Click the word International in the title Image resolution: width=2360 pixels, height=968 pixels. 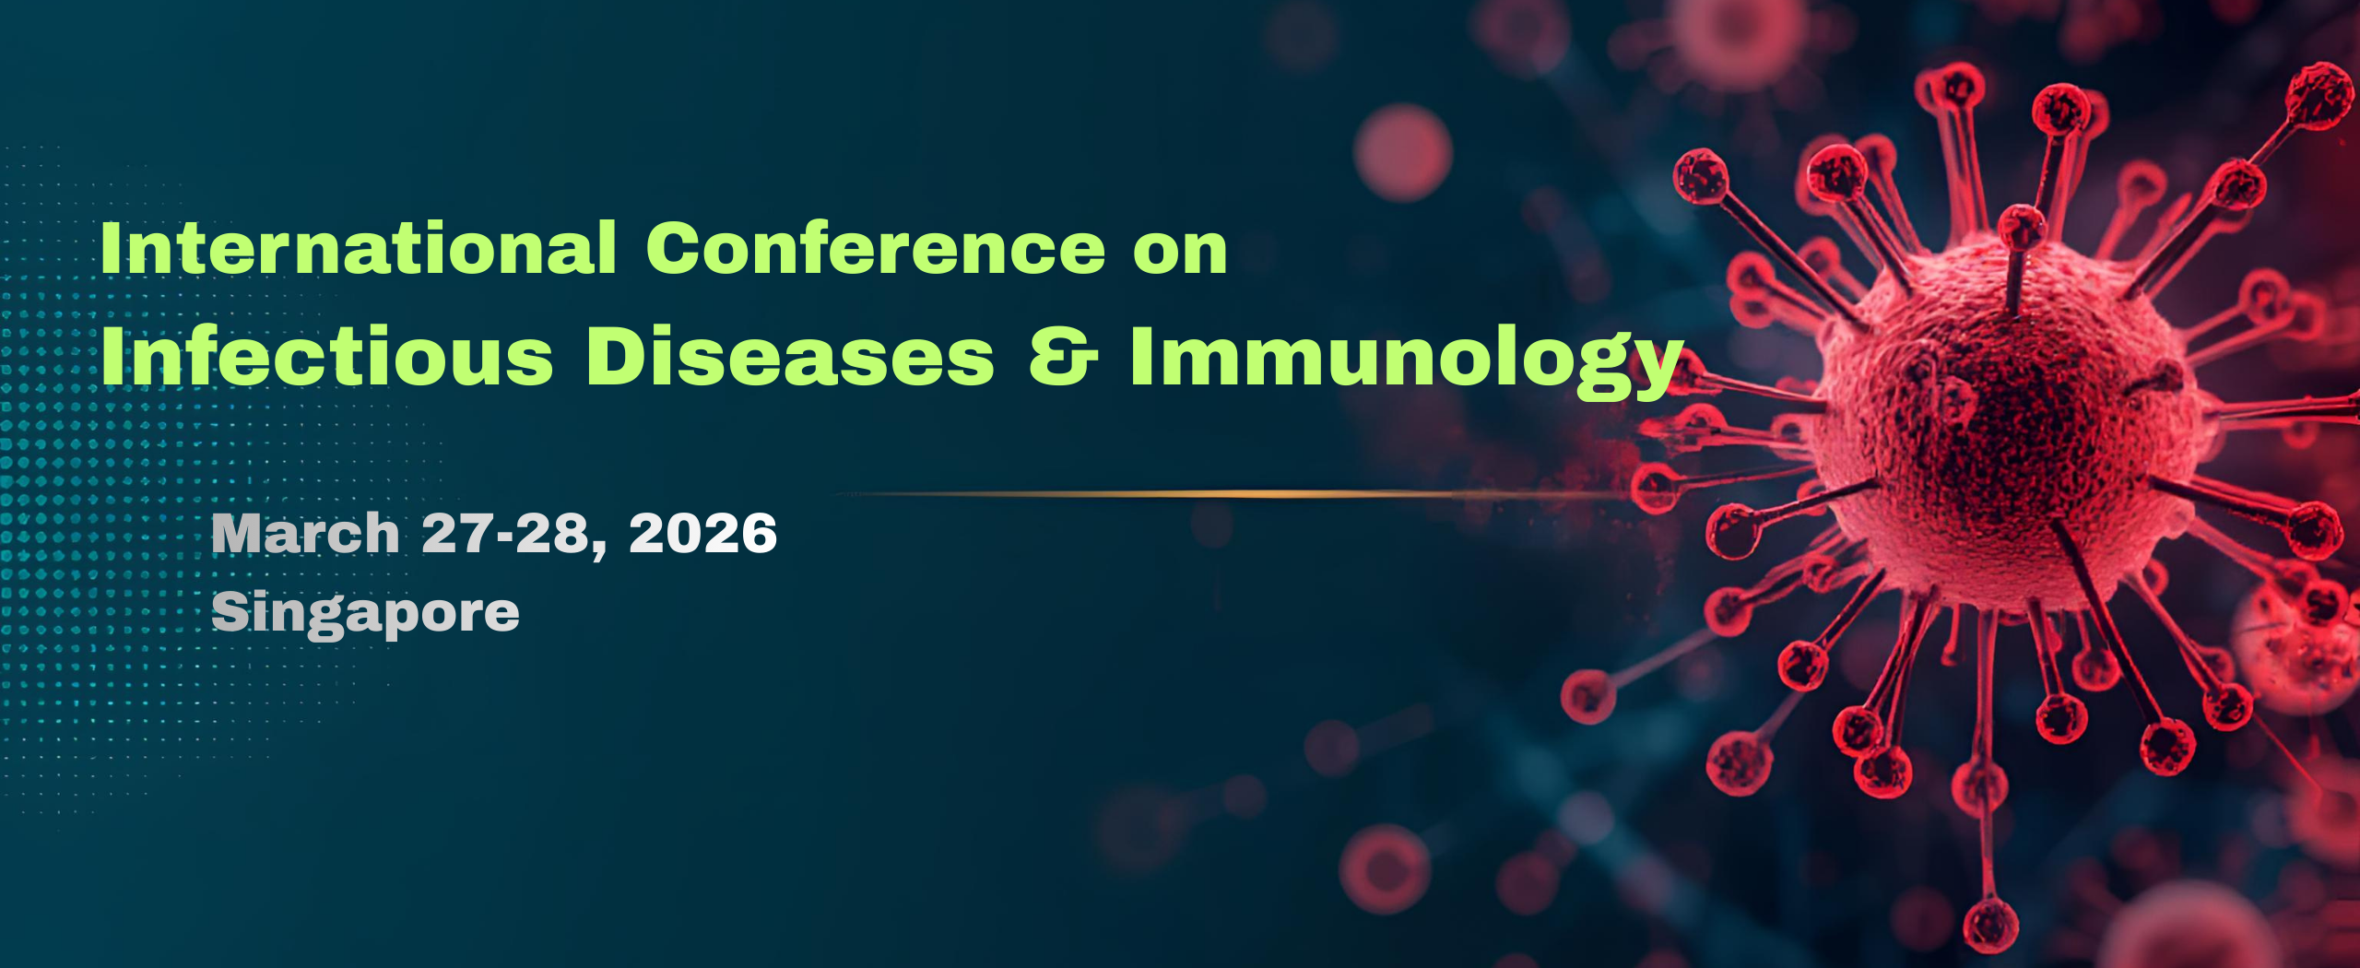[x=358, y=249]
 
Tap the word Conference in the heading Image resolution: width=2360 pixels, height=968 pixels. [x=875, y=249]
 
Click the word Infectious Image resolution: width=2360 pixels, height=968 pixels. [x=327, y=356]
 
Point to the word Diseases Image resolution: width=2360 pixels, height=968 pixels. [x=790, y=356]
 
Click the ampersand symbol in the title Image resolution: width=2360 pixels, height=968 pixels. [x=1063, y=356]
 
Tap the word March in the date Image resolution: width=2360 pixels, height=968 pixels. [x=305, y=534]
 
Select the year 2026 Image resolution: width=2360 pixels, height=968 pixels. [x=702, y=534]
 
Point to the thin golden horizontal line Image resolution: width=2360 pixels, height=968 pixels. [x=1198, y=495]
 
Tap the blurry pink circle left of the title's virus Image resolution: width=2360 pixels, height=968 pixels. [x=1403, y=152]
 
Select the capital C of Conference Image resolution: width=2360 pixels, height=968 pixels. [x=676, y=249]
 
